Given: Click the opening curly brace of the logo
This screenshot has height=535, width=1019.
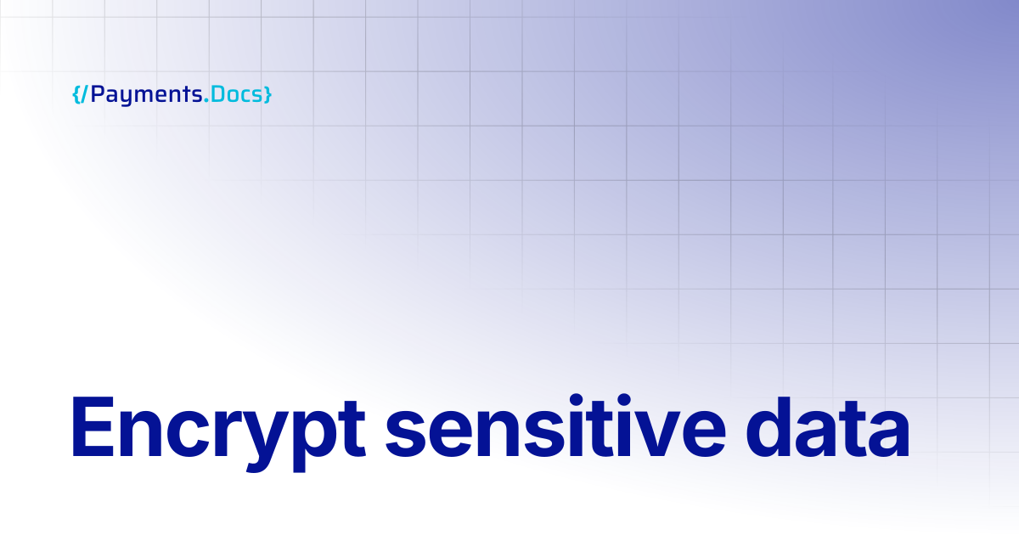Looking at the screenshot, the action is coord(76,94).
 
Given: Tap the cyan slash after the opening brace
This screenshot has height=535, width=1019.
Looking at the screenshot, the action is coord(84,94).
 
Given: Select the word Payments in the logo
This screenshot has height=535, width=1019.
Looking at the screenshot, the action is coord(146,95).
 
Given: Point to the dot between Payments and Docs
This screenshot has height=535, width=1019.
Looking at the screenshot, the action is coord(206,100).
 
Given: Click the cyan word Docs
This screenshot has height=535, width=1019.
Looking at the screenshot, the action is coord(237,94).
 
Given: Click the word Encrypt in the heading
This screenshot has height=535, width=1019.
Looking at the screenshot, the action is coord(218,433).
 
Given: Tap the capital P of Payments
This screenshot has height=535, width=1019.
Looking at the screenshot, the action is coord(98,94).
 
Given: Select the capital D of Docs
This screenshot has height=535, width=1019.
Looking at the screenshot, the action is coord(218,94).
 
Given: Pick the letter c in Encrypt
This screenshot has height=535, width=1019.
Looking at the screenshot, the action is coord(189,434).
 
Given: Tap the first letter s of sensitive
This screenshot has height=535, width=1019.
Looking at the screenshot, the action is coord(405,434).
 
